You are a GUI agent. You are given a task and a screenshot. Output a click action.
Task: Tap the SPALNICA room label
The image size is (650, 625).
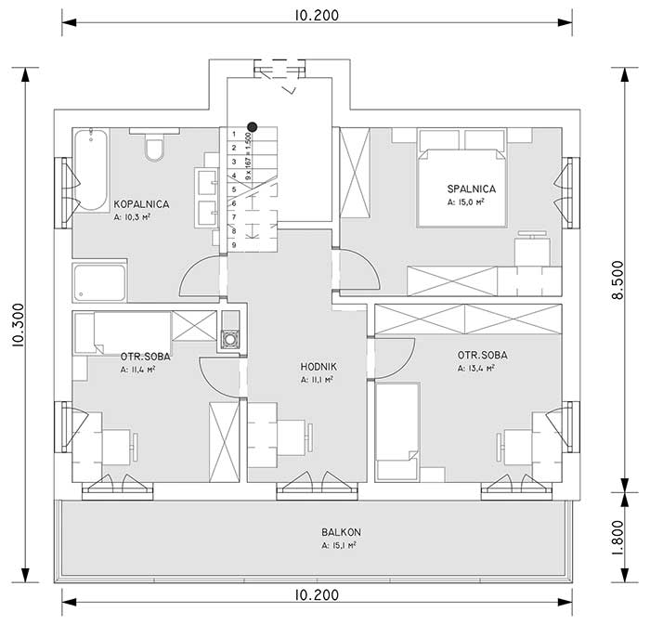[472, 189]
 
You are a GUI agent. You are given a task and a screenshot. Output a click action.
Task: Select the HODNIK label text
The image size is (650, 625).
[318, 367]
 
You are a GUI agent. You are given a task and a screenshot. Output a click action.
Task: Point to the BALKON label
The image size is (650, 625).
[341, 532]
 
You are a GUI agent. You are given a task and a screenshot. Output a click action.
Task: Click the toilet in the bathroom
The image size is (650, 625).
[154, 146]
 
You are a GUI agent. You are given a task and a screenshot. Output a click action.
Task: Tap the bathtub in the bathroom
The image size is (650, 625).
[90, 170]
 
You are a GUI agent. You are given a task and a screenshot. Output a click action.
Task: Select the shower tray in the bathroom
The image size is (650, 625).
[99, 282]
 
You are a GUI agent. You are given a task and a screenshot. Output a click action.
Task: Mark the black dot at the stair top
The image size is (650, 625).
[252, 127]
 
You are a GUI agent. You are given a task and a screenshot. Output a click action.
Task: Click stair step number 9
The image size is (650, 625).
[234, 245]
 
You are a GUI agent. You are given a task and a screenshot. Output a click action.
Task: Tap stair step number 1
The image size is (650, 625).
[234, 134]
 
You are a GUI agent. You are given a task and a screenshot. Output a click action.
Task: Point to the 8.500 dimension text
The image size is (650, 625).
[618, 280]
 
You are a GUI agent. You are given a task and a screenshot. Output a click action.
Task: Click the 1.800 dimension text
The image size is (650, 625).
[618, 537]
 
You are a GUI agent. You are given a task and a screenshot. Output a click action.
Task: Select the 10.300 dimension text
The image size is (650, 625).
[19, 325]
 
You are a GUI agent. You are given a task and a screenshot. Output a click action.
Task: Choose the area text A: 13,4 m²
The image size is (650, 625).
[476, 368]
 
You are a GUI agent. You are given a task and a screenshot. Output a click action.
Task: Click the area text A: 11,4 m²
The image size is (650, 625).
[138, 370]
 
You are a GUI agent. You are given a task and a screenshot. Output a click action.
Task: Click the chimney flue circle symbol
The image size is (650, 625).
[229, 340]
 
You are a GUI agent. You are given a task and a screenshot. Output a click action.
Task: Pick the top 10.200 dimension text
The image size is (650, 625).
[318, 16]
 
